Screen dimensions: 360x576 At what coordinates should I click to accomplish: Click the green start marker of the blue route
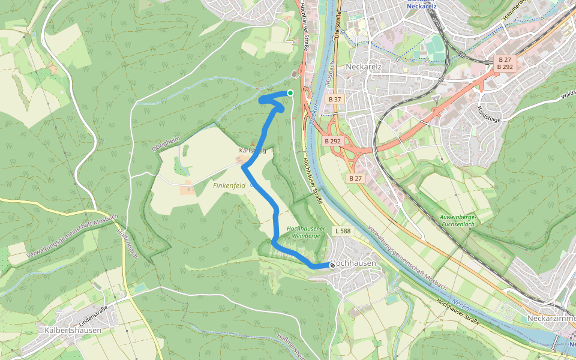point(290,92)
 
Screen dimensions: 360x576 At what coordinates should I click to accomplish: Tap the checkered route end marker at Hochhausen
point(332,265)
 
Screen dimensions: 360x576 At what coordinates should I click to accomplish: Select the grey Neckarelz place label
point(364,66)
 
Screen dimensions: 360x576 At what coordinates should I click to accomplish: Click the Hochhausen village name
point(355,264)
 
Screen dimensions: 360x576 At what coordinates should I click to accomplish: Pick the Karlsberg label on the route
point(252,150)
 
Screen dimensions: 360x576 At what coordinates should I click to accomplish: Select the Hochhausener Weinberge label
point(306,232)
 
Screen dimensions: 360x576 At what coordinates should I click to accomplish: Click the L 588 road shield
point(343,231)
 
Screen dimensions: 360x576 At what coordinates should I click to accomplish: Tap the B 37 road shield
point(335,98)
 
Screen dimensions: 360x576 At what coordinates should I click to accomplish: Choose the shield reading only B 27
point(356,178)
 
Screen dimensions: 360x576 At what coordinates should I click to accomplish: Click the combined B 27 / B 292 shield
point(505,64)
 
